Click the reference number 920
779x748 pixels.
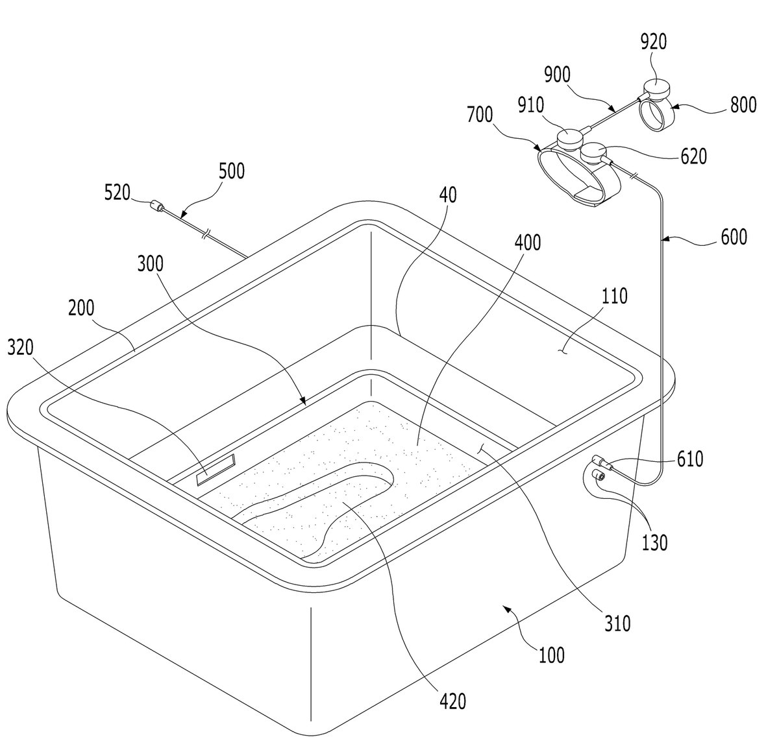(653, 42)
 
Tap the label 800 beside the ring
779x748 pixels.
(743, 105)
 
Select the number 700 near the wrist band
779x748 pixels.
(480, 115)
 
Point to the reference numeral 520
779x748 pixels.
(117, 193)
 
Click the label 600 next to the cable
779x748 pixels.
(734, 237)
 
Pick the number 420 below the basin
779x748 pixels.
(452, 701)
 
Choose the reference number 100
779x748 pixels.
(552, 655)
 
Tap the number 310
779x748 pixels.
(617, 623)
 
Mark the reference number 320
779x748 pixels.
(20, 347)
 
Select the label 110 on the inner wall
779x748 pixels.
(615, 296)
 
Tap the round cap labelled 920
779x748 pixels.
(656, 90)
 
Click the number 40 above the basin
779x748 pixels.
(448, 195)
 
